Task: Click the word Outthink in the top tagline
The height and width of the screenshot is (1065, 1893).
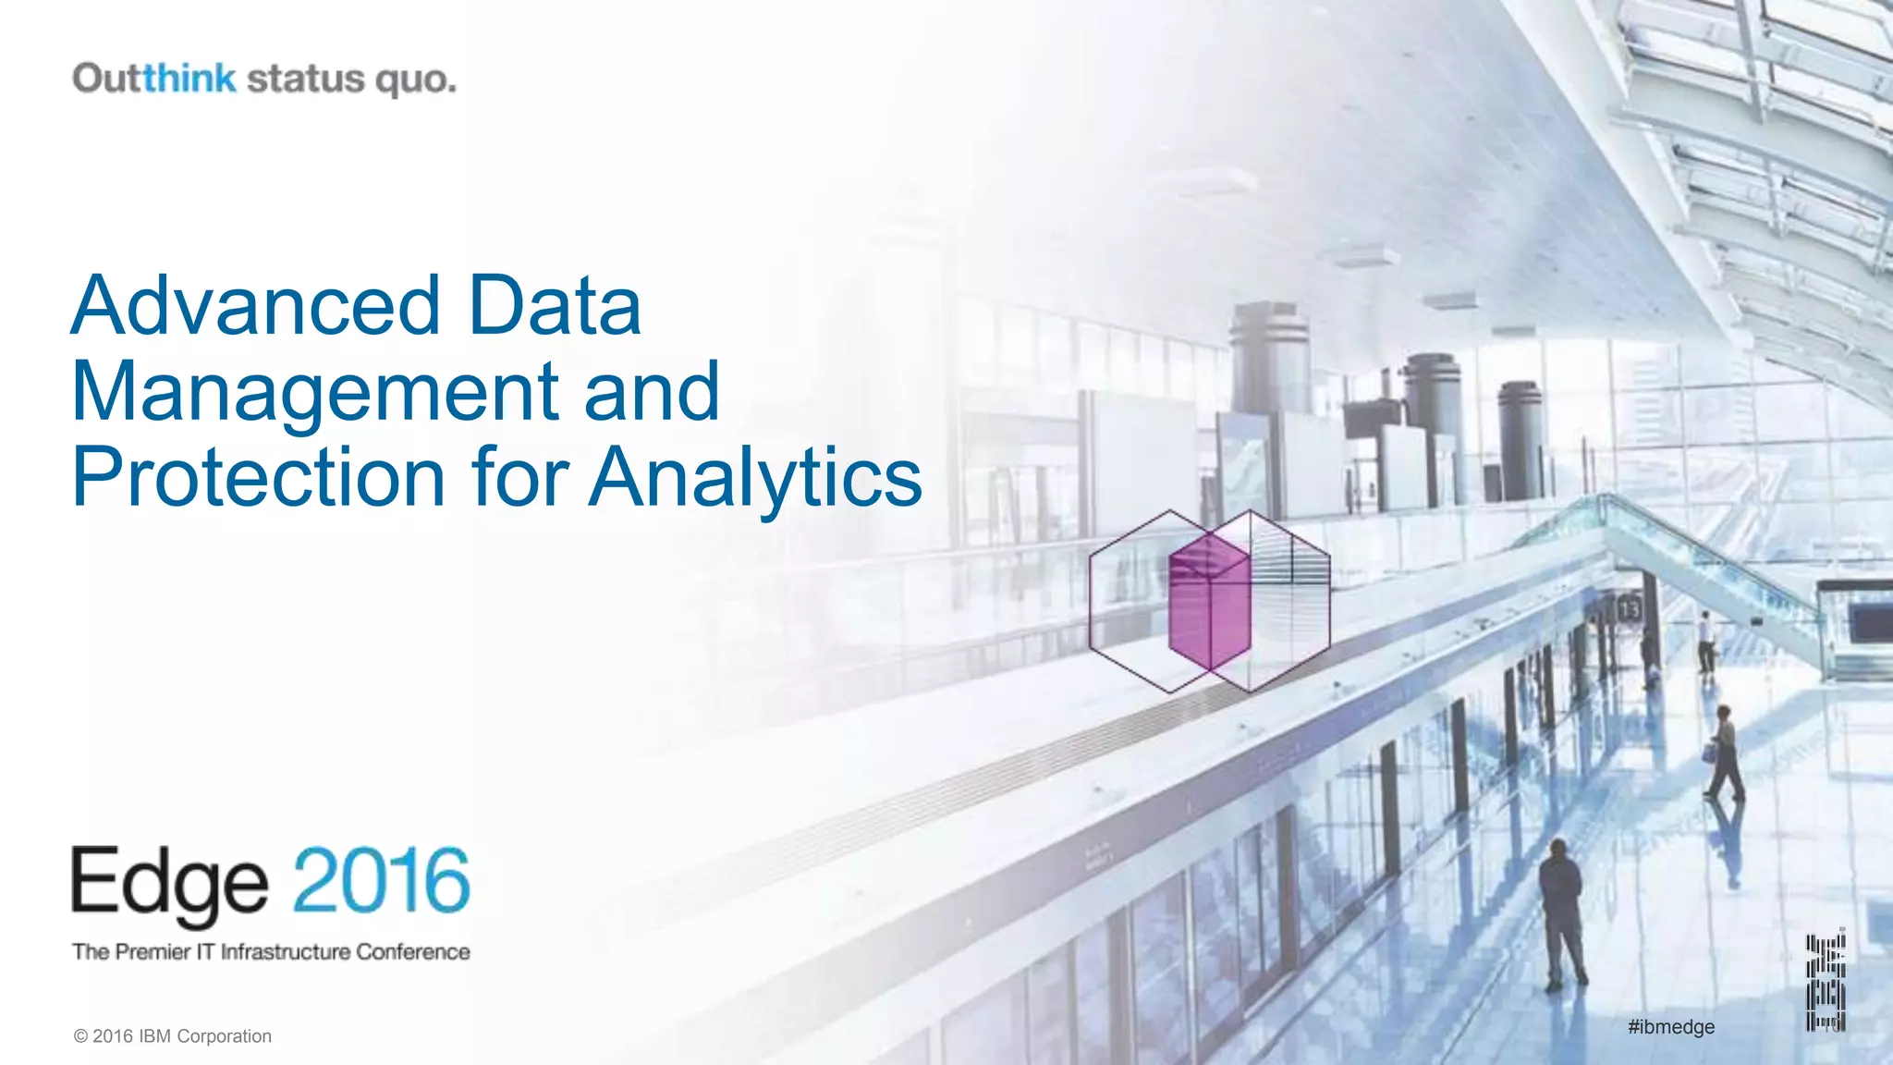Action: (154, 79)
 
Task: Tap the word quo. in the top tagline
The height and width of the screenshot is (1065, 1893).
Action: (415, 80)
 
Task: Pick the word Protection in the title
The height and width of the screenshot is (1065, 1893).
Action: (259, 477)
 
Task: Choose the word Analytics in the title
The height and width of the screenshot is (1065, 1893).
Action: (755, 479)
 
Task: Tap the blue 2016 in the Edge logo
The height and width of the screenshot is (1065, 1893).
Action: (382, 880)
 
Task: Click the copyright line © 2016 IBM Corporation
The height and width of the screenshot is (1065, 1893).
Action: (173, 1036)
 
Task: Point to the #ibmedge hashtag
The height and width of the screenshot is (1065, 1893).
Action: (1671, 1027)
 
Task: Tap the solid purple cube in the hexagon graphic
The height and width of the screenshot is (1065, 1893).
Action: (1209, 601)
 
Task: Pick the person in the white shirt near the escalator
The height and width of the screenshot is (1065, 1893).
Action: (1705, 640)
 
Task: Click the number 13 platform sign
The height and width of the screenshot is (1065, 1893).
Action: (1629, 609)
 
